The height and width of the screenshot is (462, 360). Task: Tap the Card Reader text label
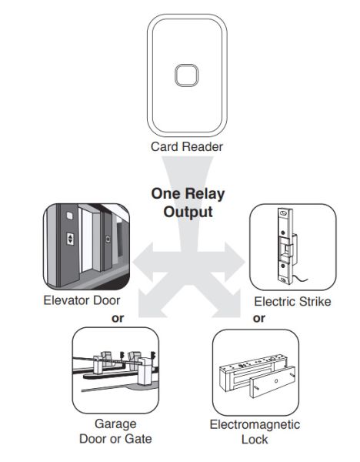(x=187, y=146)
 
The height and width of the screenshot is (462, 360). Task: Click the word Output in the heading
(x=187, y=211)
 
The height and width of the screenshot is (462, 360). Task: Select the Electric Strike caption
(x=292, y=301)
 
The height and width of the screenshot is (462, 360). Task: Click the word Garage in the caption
(x=115, y=424)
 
